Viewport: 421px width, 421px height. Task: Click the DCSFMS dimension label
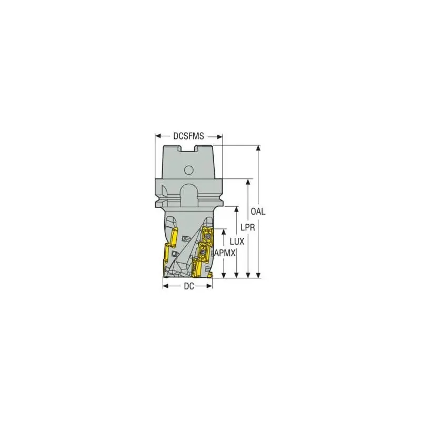click(x=188, y=136)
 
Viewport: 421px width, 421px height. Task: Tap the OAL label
click(x=258, y=212)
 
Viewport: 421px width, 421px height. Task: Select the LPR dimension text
click(x=247, y=228)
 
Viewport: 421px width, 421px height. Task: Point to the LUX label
click(x=237, y=242)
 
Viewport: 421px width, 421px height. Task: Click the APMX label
click(x=225, y=253)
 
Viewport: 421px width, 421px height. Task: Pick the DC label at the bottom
click(x=189, y=286)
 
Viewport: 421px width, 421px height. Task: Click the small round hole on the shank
click(x=189, y=169)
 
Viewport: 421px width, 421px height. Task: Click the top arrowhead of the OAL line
click(x=258, y=148)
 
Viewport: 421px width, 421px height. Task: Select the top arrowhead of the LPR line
click(x=248, y=182)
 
